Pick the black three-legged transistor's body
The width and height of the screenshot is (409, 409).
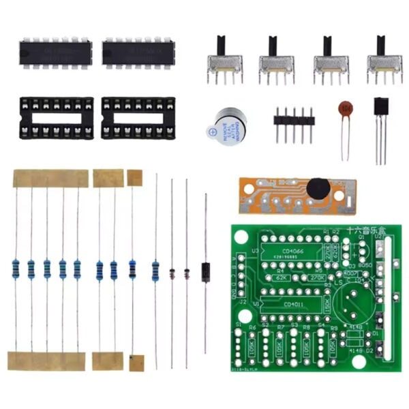(382, 110)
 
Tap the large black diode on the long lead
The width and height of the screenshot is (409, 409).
(205, 272)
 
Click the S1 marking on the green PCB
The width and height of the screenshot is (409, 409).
(239, 324)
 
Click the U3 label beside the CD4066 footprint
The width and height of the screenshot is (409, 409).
(255, 251)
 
